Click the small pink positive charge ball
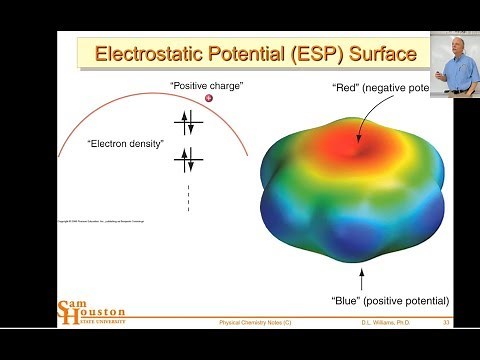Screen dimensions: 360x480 click(x=209, y=98)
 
